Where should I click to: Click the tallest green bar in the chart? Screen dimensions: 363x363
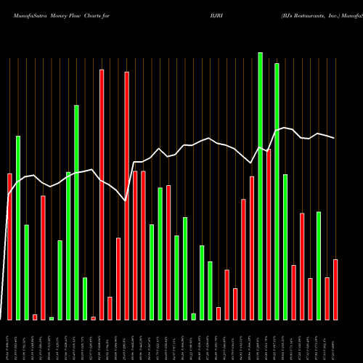click(260, 186)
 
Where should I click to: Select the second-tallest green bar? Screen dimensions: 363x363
click(277, 192)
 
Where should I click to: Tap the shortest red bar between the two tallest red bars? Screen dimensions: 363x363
click(110, 308)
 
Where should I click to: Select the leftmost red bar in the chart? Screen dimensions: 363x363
click(9, 246)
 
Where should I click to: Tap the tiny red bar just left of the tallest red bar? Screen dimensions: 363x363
click(93, 318)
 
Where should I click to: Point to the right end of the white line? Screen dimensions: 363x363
click(335, 138)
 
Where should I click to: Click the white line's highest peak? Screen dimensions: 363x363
click(285, 128)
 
